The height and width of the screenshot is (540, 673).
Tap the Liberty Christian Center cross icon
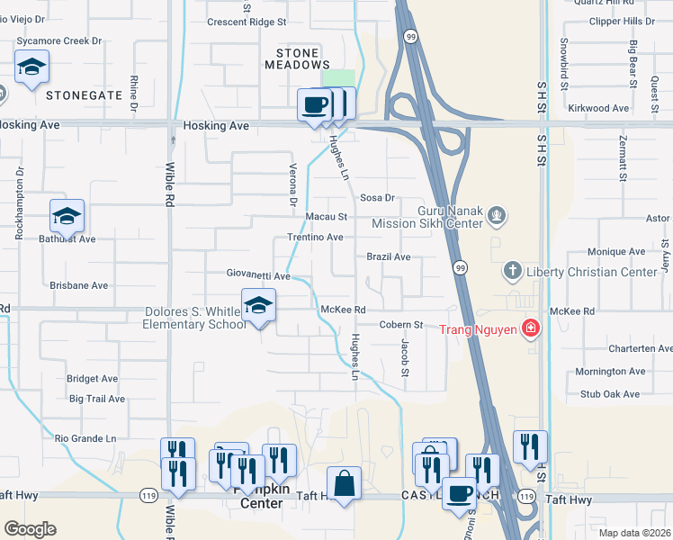(513, 271)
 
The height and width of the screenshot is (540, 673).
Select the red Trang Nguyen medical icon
(531, 328)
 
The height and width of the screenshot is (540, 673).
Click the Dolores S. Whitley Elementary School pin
(258, 306)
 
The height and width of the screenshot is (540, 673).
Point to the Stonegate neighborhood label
(84, 94)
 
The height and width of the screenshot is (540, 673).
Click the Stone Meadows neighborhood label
(297, 58)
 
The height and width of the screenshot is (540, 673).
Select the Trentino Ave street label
(315, 238)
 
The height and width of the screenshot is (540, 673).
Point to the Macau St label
(326, 217)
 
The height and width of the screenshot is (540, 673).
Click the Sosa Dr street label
(377, 197)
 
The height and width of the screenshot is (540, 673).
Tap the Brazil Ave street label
(389, 257)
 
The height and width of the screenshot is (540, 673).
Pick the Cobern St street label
(401, 324)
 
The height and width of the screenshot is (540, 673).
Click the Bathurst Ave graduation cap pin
(67, 216)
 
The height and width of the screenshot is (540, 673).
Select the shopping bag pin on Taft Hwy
(345, 483)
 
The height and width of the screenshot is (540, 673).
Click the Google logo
(31, 529)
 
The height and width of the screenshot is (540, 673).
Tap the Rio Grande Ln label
(86, 438)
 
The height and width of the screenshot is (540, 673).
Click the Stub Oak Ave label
(609, 393)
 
